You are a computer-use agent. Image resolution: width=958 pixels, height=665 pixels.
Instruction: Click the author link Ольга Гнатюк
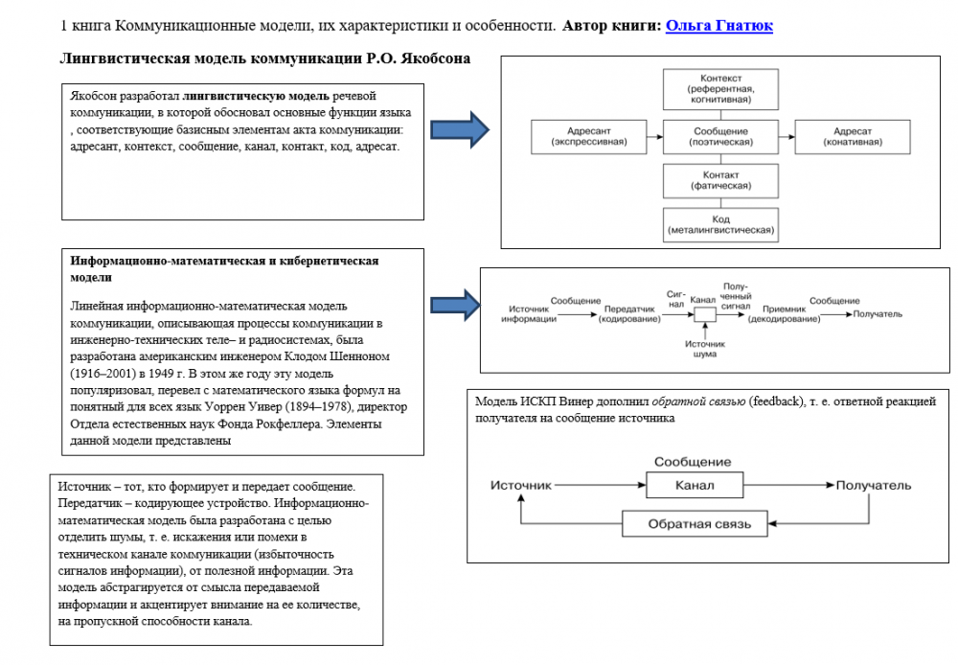tap(718, 26)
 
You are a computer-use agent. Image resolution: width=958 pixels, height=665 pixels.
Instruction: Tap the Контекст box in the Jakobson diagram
tap(721, 88)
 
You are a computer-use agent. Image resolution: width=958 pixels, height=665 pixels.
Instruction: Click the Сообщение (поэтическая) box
tap(721, 136)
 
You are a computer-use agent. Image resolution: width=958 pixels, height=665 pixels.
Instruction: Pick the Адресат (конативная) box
tap(852, 136)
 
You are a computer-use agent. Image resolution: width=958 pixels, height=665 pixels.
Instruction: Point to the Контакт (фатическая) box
tap(721, 180)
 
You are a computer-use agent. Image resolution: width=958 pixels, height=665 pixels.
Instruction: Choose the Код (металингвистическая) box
tap(721, 225)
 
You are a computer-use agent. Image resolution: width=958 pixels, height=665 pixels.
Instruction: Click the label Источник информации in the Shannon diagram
tap(528, 313)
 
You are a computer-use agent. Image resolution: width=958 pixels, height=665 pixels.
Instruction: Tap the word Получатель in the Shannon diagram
tap(878, 313)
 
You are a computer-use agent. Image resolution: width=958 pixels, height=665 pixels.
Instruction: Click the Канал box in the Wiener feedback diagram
tap(695, 485)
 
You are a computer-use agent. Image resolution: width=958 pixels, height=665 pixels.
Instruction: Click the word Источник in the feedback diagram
tap(521, 486)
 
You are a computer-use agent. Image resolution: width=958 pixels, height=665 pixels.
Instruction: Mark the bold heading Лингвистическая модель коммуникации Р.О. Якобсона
tap(265, 59)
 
